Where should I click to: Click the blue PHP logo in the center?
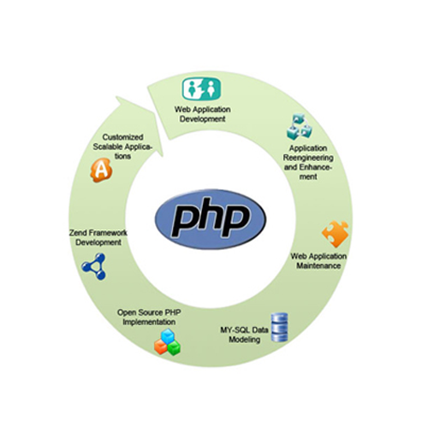point(211,219)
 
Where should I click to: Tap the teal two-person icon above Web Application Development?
point(201,89)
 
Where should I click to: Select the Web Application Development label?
point(203,114)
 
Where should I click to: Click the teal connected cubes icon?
point(299,127)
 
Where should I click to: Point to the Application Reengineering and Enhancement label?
point(308,163)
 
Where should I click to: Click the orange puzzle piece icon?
point(336,234)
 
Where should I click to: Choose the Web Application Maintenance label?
point(318,261)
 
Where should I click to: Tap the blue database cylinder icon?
point(279,327)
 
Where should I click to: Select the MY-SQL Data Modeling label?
point(244,335)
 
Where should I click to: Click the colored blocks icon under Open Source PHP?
point(168,342)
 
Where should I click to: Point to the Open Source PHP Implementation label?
point(149,317)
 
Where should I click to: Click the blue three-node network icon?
point(94,266)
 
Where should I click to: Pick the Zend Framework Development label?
point(98,237)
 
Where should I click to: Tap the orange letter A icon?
point(101,170)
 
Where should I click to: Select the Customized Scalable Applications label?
point(122,146)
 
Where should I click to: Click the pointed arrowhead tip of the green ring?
point(163,156)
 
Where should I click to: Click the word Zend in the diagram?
point(77,233)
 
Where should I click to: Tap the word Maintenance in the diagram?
point(318,265)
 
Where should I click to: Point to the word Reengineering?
point(308,158)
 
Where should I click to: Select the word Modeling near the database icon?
point(245,340)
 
